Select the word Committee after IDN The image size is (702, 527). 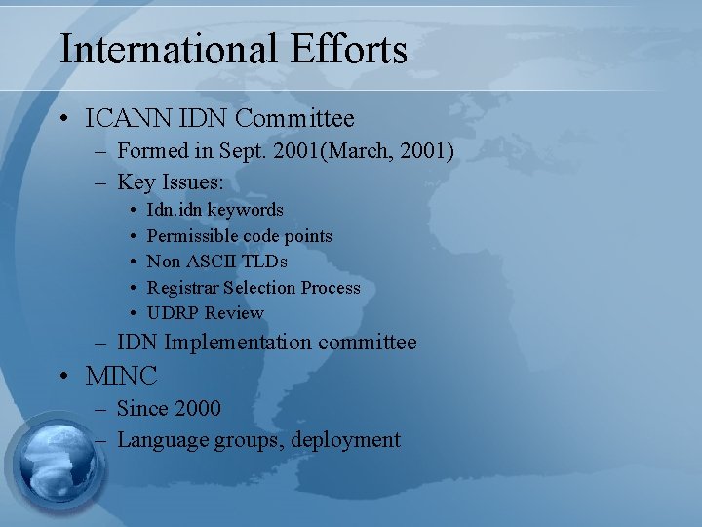295,119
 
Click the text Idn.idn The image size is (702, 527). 175,210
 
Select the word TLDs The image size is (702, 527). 262,262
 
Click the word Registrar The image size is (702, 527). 182,288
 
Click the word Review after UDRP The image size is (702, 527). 234,313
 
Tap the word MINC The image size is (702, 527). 122,376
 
